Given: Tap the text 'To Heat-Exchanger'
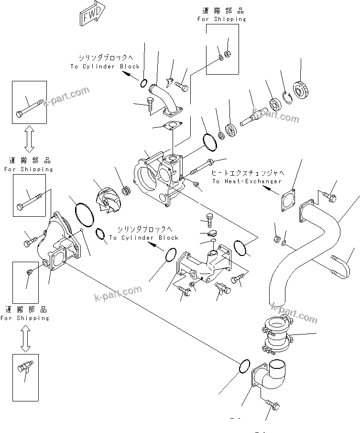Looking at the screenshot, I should pyautogui.click(x=247, y=181).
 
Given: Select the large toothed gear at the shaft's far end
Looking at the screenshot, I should pyautogui.click(x=301, y=90).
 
